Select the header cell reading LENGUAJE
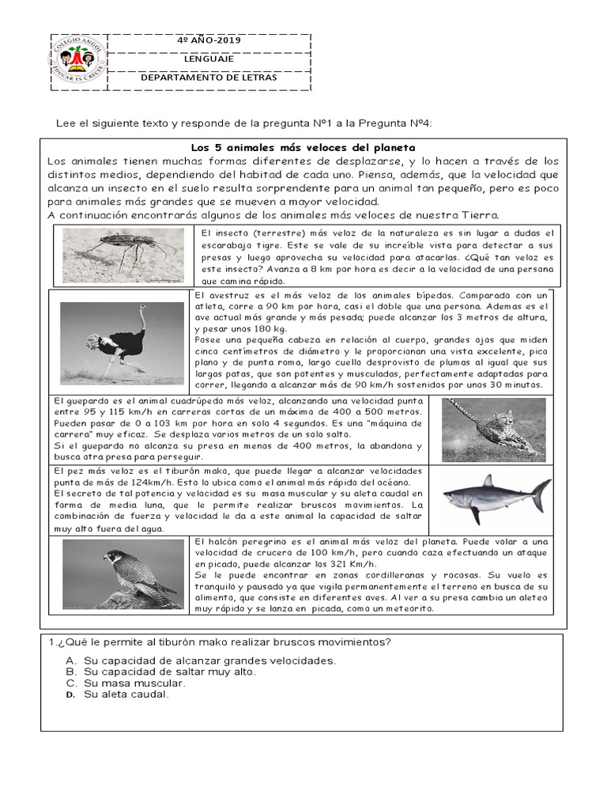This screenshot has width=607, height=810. (209, 59)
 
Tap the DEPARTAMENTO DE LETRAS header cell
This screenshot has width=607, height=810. (209, 78)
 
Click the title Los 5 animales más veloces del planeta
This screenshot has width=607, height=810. (303, 148)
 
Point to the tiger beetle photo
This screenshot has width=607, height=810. (123, 255)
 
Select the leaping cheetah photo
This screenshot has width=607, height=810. (494, 429)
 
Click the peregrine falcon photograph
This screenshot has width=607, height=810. (122, 574)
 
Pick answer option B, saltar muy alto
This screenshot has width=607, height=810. (170, 672)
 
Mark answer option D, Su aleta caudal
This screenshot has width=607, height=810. (126, 695)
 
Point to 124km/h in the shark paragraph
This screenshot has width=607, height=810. (153, 483)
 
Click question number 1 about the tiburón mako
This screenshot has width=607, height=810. (215, 642)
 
